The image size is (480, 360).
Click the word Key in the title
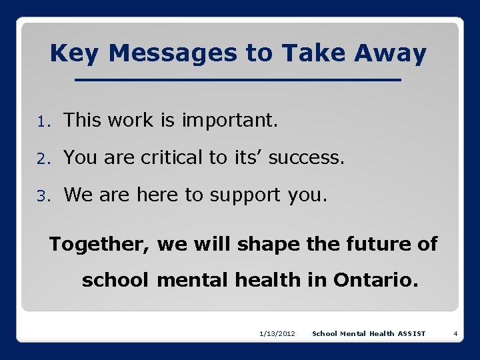[73, 53]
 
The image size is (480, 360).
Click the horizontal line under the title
[238, 81]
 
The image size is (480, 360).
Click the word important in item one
[229, 121]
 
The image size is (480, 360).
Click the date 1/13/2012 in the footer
[277, 333]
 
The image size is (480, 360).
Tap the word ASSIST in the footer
[411, 333]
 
